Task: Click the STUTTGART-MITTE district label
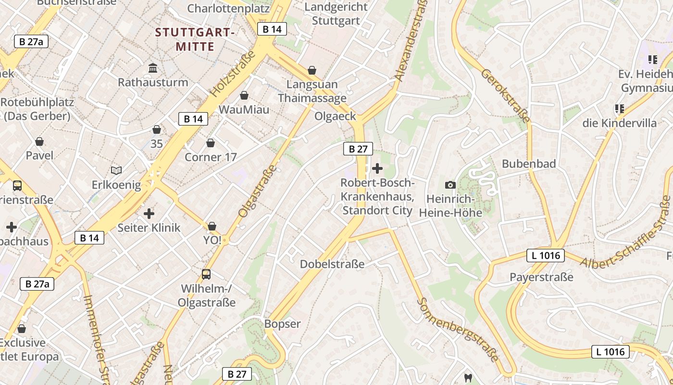[x=195, y=39]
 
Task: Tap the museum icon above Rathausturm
[x=153, y=68]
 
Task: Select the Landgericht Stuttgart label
[x=336, y=14]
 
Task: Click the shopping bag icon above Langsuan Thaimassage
[x=312, y=71]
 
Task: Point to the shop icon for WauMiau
[x=244, y=95]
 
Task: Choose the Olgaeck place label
[x=335, y=116]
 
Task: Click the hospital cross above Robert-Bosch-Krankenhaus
[x=377, y=168]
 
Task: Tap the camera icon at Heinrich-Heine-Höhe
[x=450, y=185]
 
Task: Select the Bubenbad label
[x=528, y=164]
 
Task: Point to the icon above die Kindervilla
[x=620, y=109]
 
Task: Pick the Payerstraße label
[x=541, y=277]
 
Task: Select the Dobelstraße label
[x=332, y=264]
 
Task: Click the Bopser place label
[x=282, y=324]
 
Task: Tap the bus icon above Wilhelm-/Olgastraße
[x=206, y=274]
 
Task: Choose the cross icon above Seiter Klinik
[x=149, y=213]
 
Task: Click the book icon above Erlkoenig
[x=116, y=170]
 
